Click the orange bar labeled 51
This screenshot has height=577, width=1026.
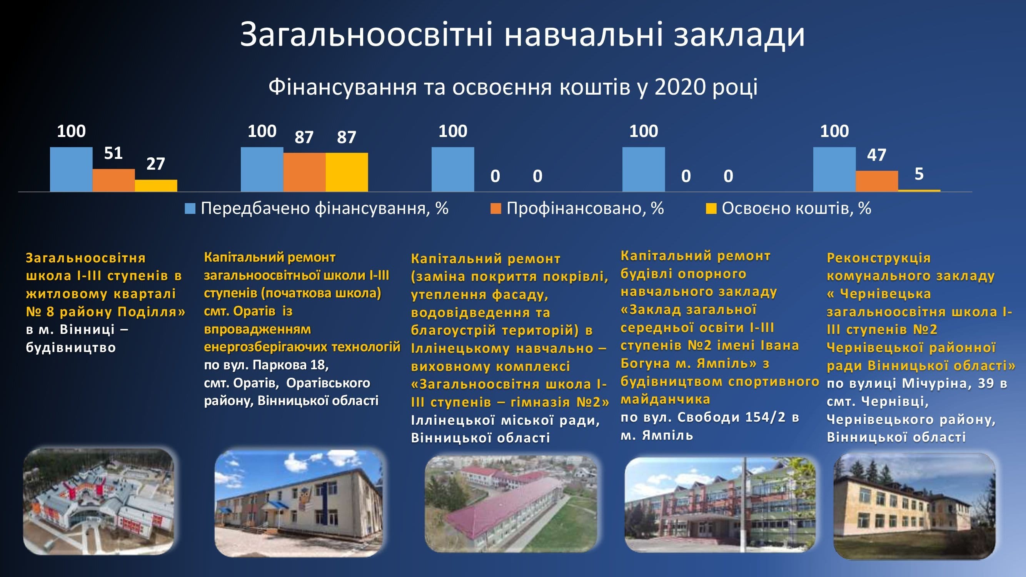pos(113,180)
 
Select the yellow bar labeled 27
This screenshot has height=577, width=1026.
pos(156,185)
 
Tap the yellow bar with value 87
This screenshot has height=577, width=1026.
pos(347,172)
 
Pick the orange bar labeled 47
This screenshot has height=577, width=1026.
pos(877,181)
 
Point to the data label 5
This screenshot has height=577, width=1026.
pos(919,174)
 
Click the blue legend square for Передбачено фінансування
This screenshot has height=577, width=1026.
pos(190,208)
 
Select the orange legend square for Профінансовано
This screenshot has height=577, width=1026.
pos(495,208)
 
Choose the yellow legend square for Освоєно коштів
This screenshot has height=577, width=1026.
pos(711,208)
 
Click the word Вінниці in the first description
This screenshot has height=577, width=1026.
pos(87,330)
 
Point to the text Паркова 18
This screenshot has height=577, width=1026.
pos(290,365)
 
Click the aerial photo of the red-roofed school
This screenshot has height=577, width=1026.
pos(511,504)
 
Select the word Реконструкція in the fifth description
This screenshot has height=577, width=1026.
pos(879,258)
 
